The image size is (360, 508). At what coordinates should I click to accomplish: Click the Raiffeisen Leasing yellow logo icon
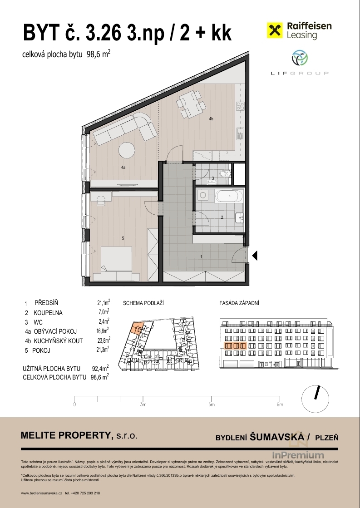tap(275, 30)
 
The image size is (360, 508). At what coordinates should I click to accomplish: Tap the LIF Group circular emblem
tap(300, 58)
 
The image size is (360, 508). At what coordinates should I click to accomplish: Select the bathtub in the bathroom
tap(228, 196)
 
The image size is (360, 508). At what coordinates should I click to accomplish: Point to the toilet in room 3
tap(224, 174)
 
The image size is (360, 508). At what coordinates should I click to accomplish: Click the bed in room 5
tap(116, 259)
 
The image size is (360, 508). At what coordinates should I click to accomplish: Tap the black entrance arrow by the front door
tap(255, 256)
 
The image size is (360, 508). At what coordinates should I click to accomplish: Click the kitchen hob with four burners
tap(240, 106)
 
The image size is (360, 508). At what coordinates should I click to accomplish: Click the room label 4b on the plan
tap(211, 119)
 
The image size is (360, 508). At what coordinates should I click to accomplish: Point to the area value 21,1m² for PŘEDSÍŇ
tap(104, 303)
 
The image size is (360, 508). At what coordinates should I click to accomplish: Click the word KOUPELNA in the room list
tap(48, 313)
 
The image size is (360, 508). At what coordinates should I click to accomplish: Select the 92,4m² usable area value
tap(100, 368)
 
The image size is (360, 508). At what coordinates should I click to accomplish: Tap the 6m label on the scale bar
tap(211, 404)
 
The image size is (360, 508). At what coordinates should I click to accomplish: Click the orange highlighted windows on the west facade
tap(236, 345)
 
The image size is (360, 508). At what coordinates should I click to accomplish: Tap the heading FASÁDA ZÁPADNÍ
tap(239, 303)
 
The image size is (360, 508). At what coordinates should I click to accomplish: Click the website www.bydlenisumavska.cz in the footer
tap(41, 493)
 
